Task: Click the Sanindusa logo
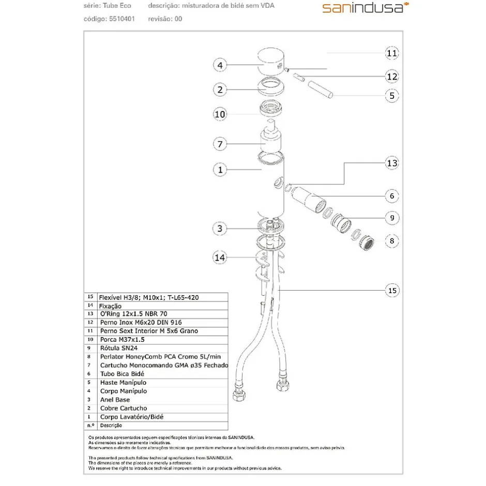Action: [366, 8]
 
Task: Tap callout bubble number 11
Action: [392, 53]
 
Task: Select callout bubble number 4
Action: [220, 65]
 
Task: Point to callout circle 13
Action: [392, 163]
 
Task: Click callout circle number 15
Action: [392, 291]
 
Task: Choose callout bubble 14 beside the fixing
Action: [220, 257]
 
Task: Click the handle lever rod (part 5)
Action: [321, 89]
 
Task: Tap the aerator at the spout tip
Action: [367, 244]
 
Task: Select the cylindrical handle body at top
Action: [271, 62]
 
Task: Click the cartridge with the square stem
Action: [270, 135]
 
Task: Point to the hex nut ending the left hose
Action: [239, 395]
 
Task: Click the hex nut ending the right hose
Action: [283, 385]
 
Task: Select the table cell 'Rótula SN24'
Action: [119, 348]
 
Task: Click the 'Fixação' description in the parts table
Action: [110, 306]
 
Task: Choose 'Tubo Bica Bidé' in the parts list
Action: [122, 374]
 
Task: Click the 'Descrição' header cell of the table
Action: [111, 426]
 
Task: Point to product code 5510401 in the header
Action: [122, 19]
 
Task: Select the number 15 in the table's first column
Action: [90, 297]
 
